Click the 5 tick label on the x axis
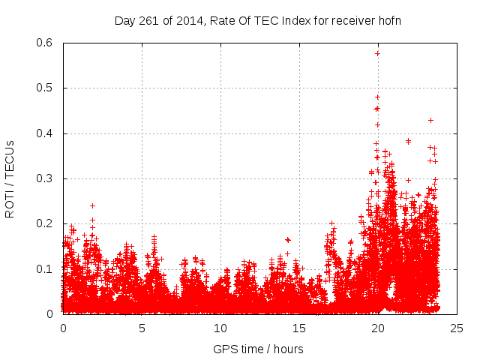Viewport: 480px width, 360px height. point(142,328)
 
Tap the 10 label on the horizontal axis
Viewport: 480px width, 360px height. point(220,328)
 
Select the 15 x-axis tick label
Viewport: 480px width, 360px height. point(299,328)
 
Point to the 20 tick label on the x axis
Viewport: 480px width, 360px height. point(378,328)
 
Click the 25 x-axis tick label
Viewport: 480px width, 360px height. point(457,328)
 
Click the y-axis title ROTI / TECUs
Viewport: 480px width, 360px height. point(10,178)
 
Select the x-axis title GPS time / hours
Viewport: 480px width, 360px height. point(259,349)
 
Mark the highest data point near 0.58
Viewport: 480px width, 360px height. point(377,53)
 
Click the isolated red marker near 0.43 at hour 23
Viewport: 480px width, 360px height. point(430,120)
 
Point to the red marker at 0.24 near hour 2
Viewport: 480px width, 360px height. point(92,205)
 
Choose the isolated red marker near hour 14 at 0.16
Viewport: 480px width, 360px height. point(287,240)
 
